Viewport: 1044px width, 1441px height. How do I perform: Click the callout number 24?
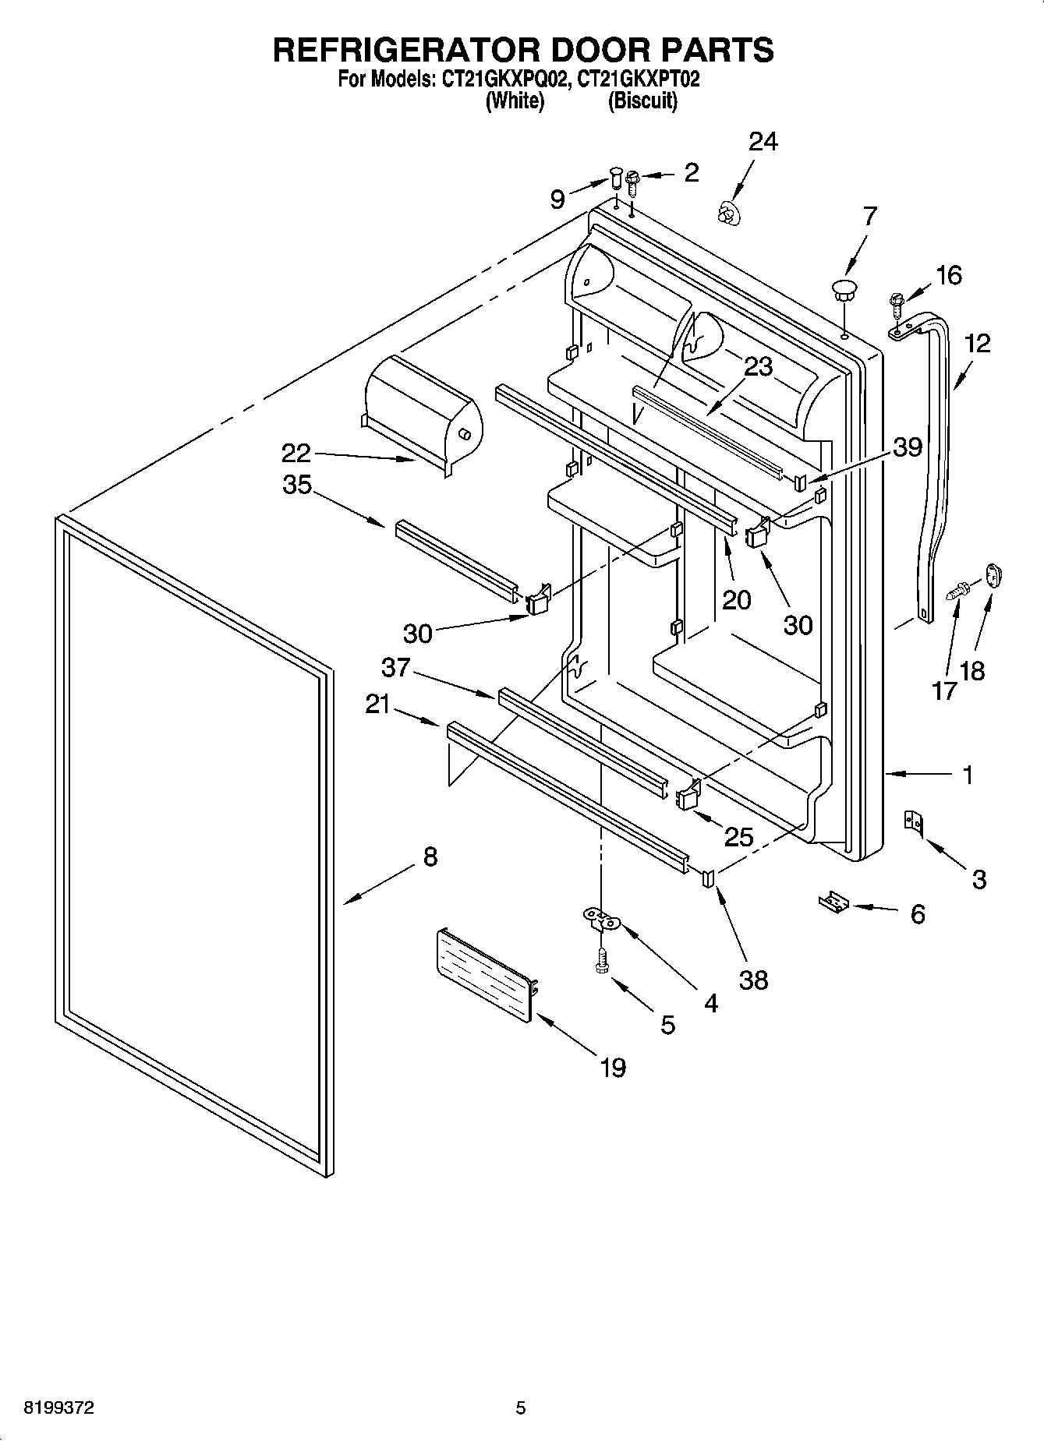point(763,142)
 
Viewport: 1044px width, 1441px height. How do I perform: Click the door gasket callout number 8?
point(430,857)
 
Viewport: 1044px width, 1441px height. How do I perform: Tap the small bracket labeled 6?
point(833,903)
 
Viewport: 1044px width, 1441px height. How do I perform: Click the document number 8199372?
point(60,1407)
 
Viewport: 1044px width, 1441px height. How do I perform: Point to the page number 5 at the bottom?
point(521,1407)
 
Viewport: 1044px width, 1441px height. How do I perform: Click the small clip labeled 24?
point(728,212)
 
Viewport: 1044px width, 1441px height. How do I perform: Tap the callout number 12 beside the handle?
point(976,343)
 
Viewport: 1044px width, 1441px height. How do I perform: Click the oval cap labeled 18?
point(993,577)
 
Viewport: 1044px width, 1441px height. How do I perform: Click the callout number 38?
point(753,979)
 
